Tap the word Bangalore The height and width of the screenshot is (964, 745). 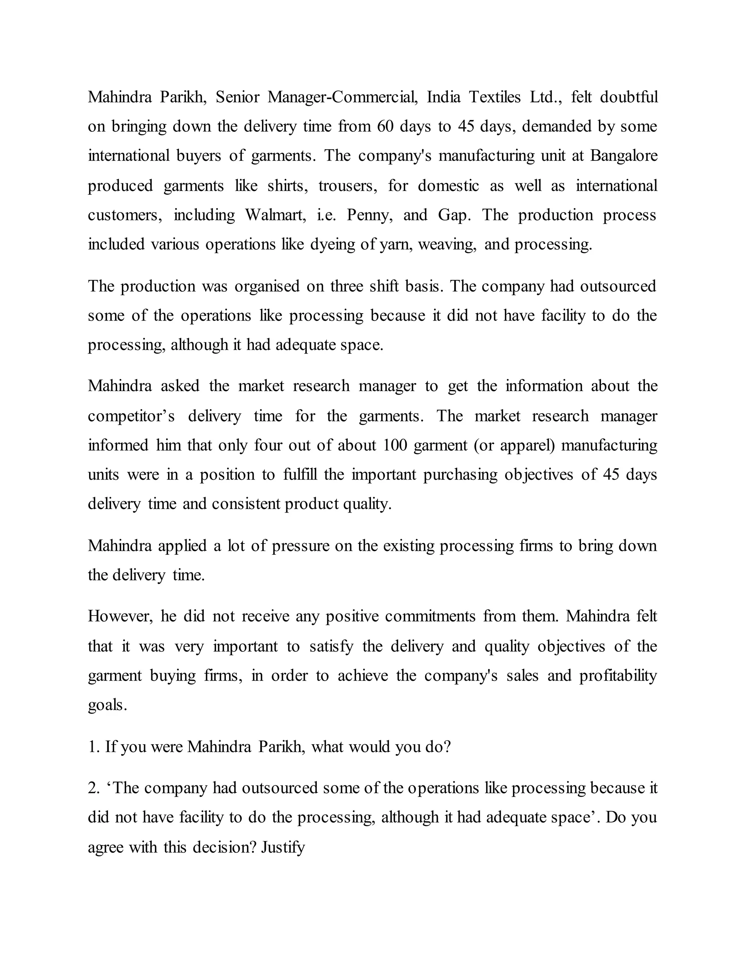624,156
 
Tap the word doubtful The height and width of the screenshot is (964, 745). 629,97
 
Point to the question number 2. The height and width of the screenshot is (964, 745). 93,788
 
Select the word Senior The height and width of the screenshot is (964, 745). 238,97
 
